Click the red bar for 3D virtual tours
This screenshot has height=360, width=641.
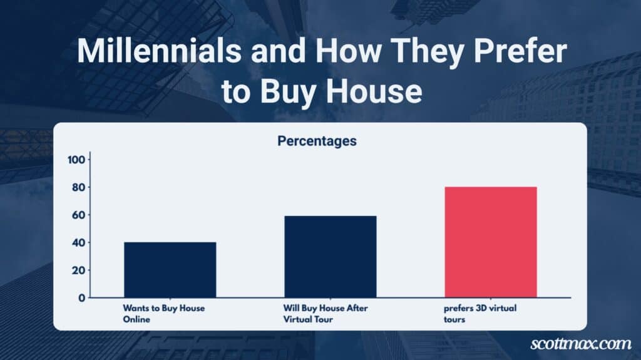point(491,242)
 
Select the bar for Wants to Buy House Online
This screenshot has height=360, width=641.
point(170,270)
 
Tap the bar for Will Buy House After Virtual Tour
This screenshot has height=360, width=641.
point(331,257)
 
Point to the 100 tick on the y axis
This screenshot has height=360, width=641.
point(76,160)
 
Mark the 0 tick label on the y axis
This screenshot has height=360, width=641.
point(82,298)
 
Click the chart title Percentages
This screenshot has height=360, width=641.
point(317,141)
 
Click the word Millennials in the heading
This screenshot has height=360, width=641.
point(159,51)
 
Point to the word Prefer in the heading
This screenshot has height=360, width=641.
point(520,51)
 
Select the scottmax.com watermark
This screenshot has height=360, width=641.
point(580,344)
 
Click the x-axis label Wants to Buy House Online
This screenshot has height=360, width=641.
point(163,314)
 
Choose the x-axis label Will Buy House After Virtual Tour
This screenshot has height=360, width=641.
point(326,314)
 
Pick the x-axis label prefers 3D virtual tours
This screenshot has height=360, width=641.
point(480,314)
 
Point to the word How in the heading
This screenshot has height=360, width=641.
point(348,51)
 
